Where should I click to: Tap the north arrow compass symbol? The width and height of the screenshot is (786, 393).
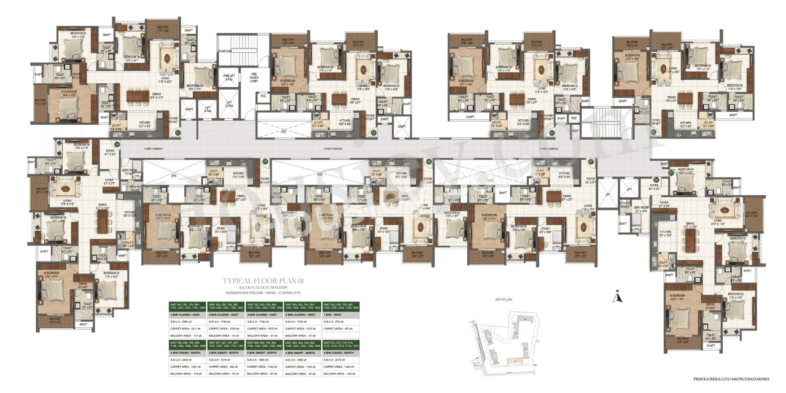pyautogui.click(x=619, y=297)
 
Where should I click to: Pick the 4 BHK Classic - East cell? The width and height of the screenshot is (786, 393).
pyautogui.click(x=187, y=314)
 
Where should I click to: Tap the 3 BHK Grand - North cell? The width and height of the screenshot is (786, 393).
pyautogui.click(x=187, y=352)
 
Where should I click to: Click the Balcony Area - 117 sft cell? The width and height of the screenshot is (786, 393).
pyautogui.click(x=187, y=336)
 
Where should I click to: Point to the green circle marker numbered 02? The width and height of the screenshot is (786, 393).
pyautogui.click(x=373, y=132)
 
